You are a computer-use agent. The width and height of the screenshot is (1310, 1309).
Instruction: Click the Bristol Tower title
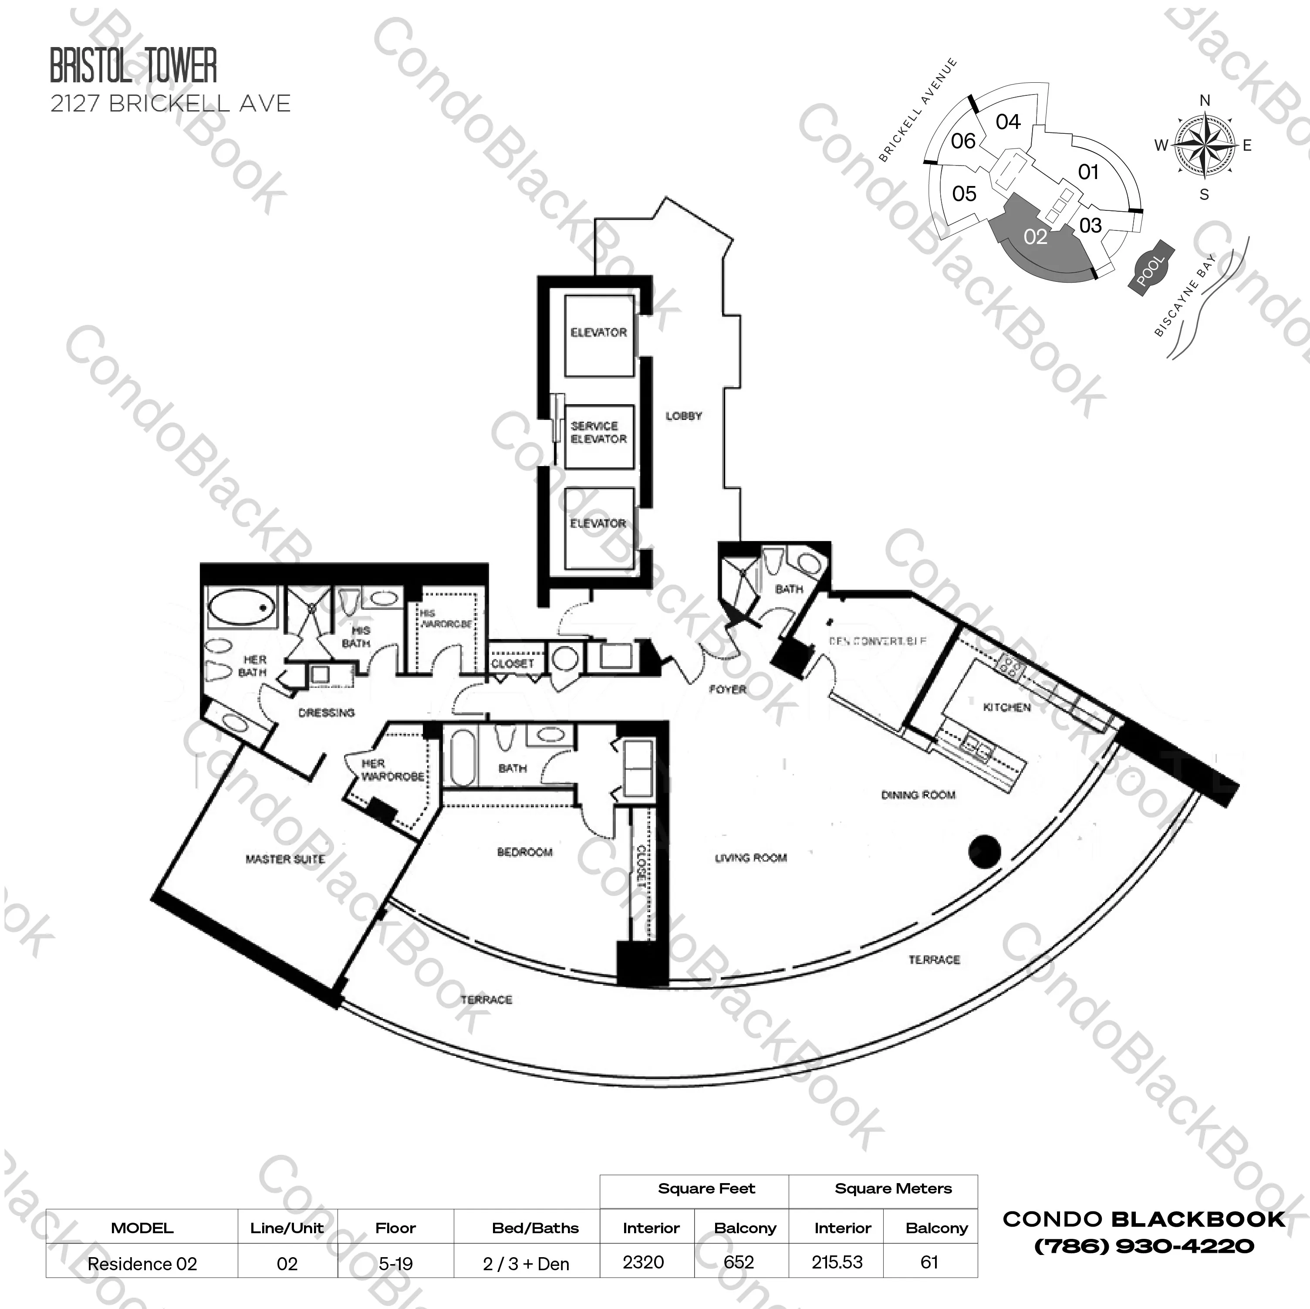pos(134,66)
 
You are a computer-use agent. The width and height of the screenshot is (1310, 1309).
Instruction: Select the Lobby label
pos(683,416)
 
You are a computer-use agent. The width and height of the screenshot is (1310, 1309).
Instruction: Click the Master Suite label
pos(285,859)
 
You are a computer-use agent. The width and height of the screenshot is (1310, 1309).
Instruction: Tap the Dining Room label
pos(918,795)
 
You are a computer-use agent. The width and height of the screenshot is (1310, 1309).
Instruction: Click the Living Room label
pos(751,858)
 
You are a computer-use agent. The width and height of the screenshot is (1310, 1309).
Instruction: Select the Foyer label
pos(728,689)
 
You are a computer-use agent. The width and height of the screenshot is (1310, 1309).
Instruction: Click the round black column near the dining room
pos(985,852)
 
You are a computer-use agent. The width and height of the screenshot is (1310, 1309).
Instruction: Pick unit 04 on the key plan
pos(1008,122)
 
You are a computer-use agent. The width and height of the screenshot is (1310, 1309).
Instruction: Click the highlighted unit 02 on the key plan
pos(1035,237)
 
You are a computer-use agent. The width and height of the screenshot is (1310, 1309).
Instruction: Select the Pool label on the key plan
pos(1150,269)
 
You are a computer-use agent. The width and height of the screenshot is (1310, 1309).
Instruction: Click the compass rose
pos(1204,145)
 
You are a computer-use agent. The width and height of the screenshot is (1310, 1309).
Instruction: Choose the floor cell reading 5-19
pos(395,1264)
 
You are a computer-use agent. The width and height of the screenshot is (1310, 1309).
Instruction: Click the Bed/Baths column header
pos(535,1228)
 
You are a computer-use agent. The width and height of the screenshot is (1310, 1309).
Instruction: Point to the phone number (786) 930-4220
pos(1144,1246)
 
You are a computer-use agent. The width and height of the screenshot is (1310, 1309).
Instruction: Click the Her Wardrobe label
pos(392,770)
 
